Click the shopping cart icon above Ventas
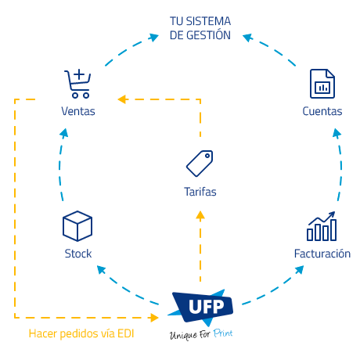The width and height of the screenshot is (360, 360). [x=77, y=84]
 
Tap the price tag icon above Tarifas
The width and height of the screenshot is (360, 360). [x=200, y=164]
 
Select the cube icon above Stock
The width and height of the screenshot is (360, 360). [x=77, y=226]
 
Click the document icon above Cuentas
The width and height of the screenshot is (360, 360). [x=322, y=84]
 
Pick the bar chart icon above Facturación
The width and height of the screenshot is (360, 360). [x=322, y=226]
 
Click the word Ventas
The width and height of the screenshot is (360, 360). [x=78, y=111]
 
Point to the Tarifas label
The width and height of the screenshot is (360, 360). [x=200, y=192]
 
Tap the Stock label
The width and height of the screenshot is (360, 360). [x=78, y=254]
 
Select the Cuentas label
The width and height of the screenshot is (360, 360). [x=322, y=111]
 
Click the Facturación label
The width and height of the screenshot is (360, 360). [x=322, y=254]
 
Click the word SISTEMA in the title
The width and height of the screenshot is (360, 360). [x=208, y=21]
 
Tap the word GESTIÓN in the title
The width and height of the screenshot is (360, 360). [x=208, y=35]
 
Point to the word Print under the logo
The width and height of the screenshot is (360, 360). [x=223, y=333]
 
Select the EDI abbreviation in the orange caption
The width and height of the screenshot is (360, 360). [x=126, y=333]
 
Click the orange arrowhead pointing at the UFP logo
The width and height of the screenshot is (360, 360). [x=154, y=318]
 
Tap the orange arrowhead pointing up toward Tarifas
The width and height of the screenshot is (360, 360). [x=200, y=216]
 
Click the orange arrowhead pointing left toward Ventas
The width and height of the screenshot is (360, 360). [x=122, y=99]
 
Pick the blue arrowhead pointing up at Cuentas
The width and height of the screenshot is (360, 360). [x=337, y=133]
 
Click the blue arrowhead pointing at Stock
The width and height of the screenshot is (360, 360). [x=101, y=269]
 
